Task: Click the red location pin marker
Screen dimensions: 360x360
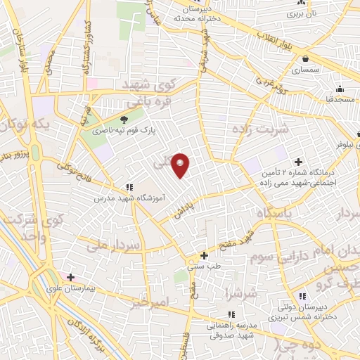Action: point(181,165)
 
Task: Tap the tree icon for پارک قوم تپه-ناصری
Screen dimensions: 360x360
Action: point(124,120)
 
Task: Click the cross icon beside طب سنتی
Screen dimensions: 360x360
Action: point(204,255)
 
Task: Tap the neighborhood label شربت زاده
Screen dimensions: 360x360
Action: point(259,130)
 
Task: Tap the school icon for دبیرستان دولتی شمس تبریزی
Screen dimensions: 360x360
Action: point(302,297)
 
